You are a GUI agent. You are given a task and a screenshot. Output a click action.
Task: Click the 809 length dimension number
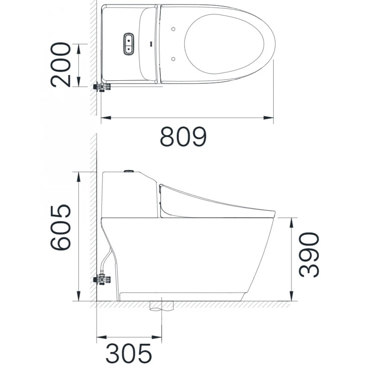point(183,137)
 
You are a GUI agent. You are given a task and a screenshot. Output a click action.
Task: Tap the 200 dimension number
point(61,64)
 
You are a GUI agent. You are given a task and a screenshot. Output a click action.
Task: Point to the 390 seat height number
point(309,255)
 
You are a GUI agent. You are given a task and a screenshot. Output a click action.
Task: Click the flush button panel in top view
point(129,43)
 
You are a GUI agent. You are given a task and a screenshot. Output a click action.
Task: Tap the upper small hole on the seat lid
point(173,29)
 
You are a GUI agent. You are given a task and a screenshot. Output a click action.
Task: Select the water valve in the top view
point(102,87)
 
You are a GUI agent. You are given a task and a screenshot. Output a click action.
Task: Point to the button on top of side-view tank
point(129,172)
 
